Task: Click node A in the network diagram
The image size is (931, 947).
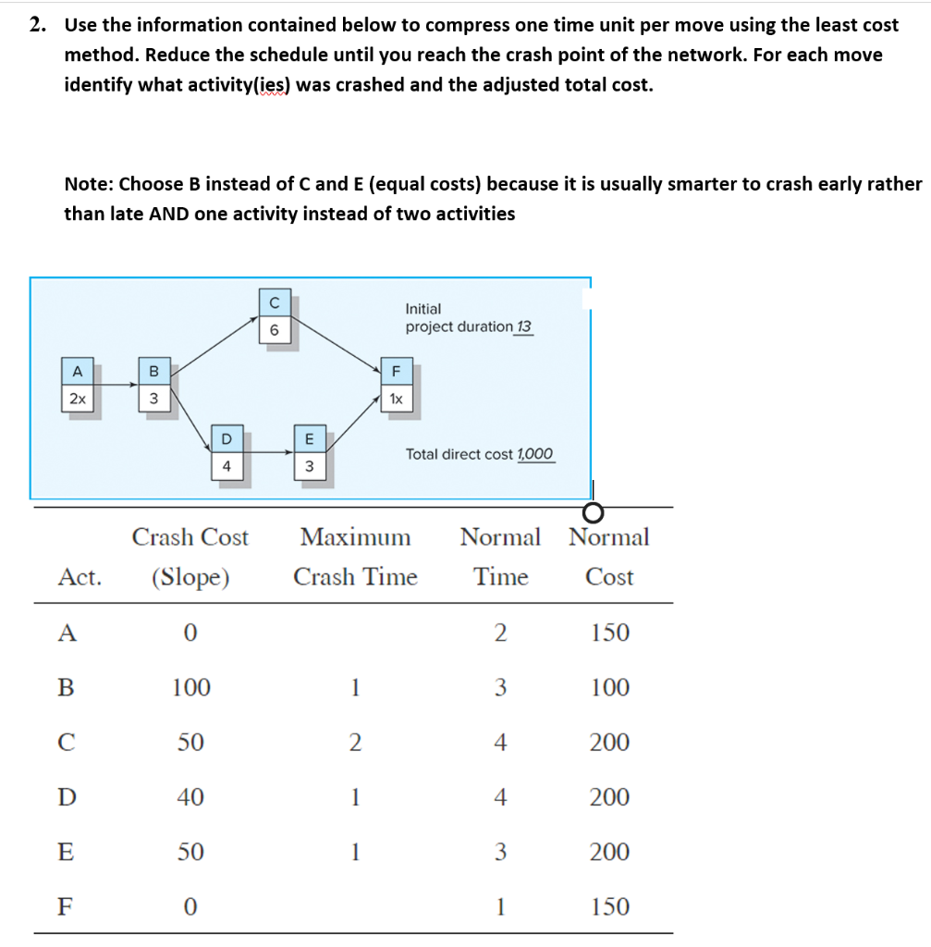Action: point(78,385)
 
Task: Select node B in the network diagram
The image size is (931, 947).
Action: point(153,385)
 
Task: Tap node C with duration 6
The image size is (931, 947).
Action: point(273,318)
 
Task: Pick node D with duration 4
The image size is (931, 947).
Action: point(226,453)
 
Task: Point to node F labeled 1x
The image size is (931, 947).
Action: point(396,385)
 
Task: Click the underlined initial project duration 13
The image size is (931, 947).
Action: point(523,327)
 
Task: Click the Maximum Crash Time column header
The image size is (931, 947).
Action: point(355,556)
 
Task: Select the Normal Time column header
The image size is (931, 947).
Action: point(500,556)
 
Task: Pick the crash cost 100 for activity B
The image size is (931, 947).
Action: point(190,687)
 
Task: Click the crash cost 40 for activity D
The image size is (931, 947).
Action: point(190,796)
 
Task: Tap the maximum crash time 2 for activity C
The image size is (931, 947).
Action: point(355,742)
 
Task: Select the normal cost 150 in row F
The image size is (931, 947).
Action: point(609,906)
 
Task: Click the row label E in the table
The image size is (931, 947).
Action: point(66,852)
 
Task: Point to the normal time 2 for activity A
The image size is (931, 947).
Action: point(500,633)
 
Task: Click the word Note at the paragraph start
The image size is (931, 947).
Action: point(88,184)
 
